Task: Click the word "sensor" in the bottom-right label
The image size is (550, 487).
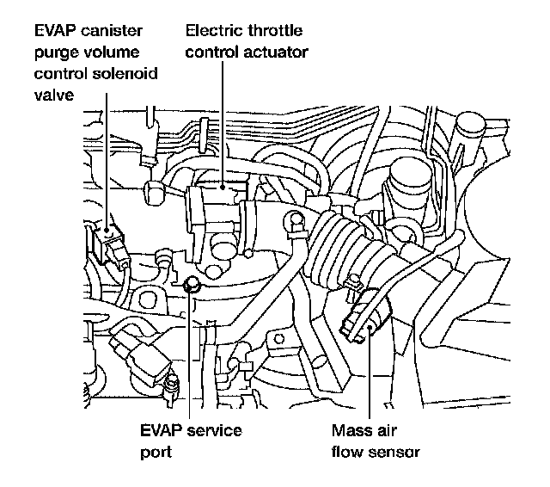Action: [395, 450]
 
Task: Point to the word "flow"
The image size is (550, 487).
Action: [346, 450]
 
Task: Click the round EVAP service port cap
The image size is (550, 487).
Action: [192, 285]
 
